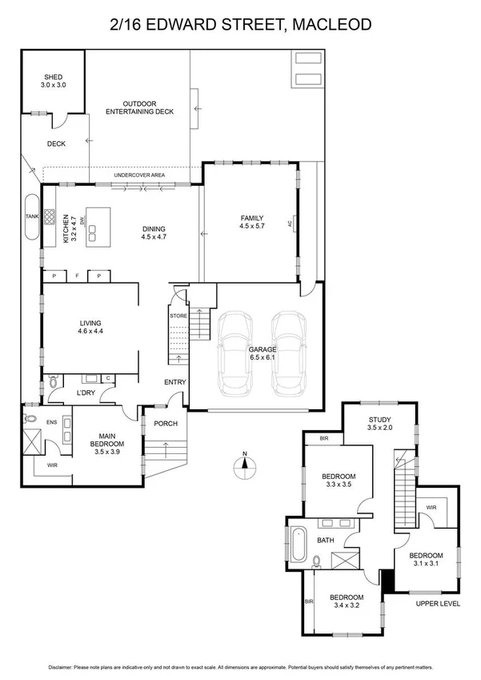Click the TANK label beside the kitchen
(32, 216)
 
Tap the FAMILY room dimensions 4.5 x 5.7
(251, 227)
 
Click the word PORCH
(166, 423)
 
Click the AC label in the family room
(295, 223)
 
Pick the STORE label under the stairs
(178, 316)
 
